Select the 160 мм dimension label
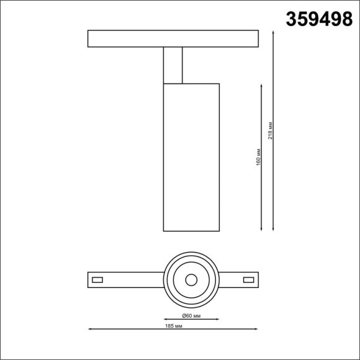click(258, 157)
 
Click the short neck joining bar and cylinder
click(173, 65)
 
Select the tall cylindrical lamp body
click(191, 156)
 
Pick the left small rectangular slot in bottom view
click(97, 279)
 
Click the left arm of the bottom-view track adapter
click(124, 279)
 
